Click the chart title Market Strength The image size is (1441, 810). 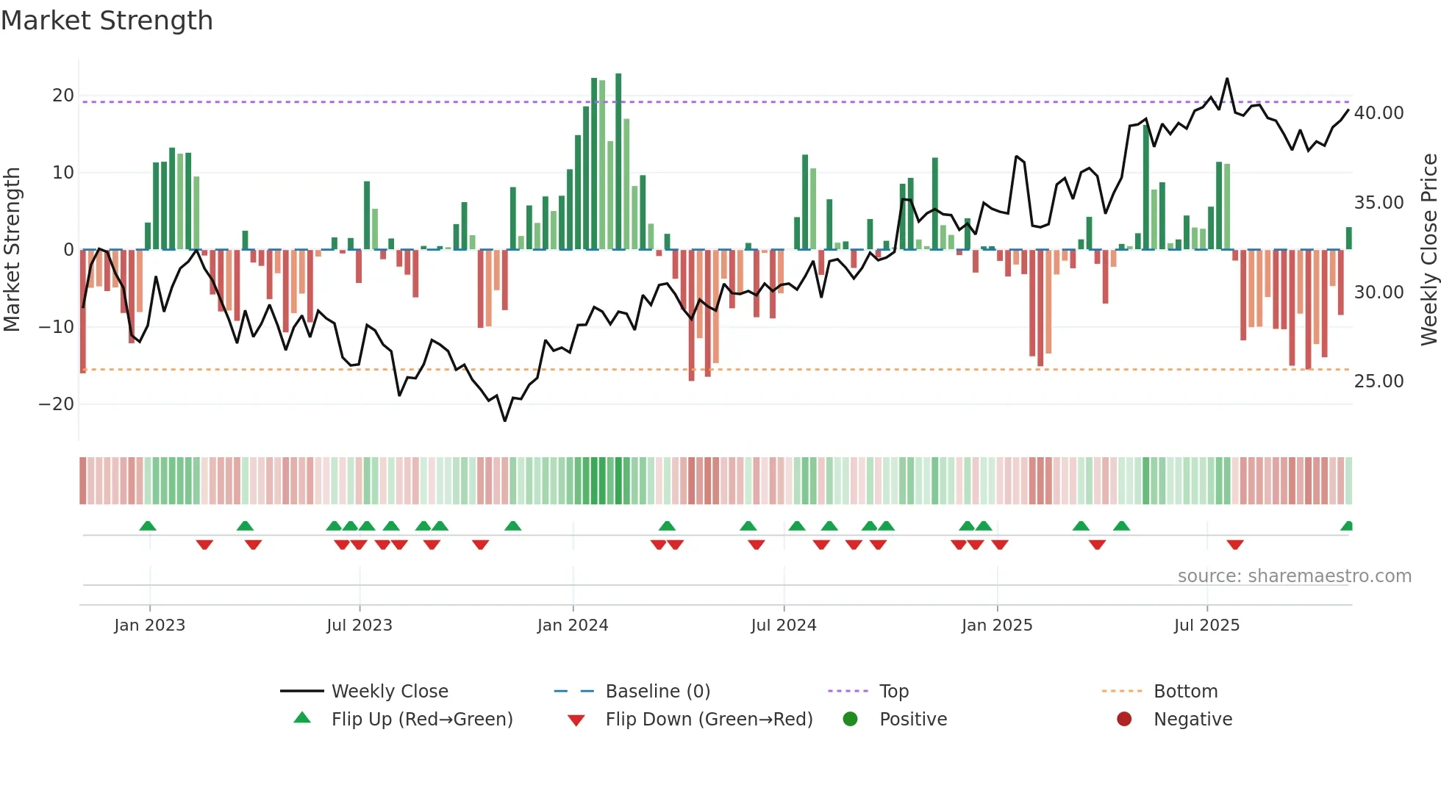tap(107, 21)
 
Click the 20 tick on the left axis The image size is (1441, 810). tap(63, 96)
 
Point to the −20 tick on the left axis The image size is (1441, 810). tap(57, 404)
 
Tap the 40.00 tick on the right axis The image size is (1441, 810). tap(1379, 113)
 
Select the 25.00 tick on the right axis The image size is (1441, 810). tap(1379, 381)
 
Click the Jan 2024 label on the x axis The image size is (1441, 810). tap(573, 626)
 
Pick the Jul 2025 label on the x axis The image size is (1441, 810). tap(1206, 626)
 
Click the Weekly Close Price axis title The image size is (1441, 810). tap(1429, 250)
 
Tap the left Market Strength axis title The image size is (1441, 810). tap(12, 250)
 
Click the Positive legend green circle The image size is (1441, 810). tap(851, 720)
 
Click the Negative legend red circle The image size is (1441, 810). tap(1124, 720)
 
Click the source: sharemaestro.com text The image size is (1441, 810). tap(1294, 576)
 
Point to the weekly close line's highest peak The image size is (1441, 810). tap(1227, 79)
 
